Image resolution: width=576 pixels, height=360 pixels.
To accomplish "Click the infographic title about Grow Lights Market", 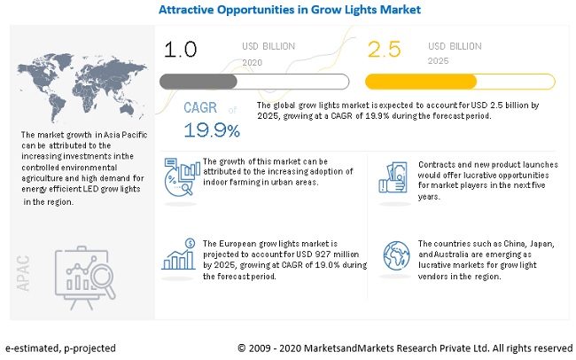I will point(290,11).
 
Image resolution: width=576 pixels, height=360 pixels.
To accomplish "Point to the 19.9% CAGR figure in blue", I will point(212,131).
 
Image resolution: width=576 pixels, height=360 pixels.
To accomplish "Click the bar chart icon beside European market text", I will point(179,255).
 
